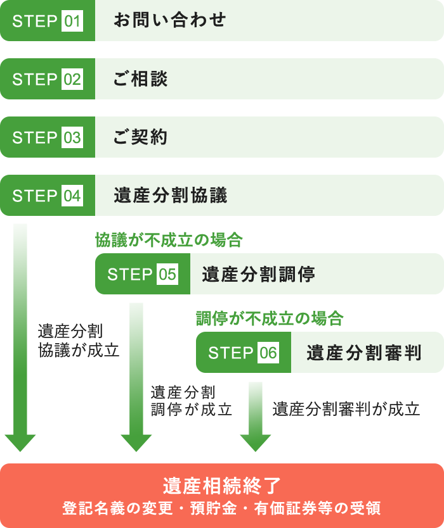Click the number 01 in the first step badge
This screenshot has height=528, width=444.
click(x=72, y=21)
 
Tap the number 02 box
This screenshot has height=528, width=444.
click(x=72, y=79)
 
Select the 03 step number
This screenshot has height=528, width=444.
click(x=72, y=137)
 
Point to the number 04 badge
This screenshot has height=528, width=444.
click(x=72, y=196)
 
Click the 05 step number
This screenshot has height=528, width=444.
click(x=167, y=274)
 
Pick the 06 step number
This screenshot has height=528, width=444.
click(x=268, y=353)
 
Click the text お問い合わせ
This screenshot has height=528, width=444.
click(x=170, y=20)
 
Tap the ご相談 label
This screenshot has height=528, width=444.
click(x=141, y=79)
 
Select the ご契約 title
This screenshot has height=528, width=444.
click(x=141, y=137)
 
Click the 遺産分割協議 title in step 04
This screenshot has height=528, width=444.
click(x=170, y=196)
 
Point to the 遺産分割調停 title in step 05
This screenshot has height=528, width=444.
click(x=258, y=274)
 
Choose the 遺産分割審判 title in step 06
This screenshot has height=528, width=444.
click(x=363, y=353)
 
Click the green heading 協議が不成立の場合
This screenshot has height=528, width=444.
click(x=169, y=240)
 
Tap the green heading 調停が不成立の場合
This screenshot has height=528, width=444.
click(x=270, y=318)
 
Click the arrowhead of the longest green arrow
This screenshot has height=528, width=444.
click(x=20, y=442)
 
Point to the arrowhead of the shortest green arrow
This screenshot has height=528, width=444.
click(x=256, y=442)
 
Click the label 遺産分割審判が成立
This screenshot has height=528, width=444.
click(x=346, y=409)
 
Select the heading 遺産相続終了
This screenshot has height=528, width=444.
click(x=222, y=486)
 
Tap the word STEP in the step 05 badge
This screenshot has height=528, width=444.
click(x=130, y=274)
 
